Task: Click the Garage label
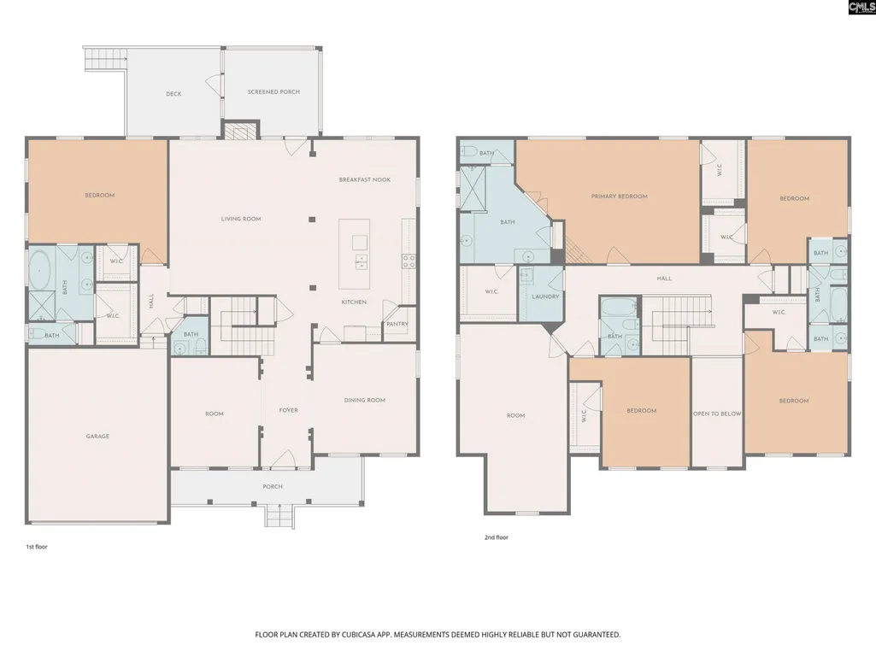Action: click(x=97, y=437)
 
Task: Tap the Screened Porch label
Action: click(x=273, y=91)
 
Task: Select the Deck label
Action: click(x=173, y=94)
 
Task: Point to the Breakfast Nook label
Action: click(x=365, y=180)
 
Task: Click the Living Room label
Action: click(x=241, y=219)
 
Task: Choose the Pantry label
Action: click(x=397, y=324)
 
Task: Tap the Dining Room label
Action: click(x=364, y=400)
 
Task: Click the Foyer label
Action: click(x=288, y=411)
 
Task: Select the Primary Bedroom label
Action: click(x=619, y=197)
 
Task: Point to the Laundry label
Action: click(x=545, y=296)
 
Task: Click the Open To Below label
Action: click(x=717, y=414)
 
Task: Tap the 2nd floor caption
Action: click(x=496, y=537)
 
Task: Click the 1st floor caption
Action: click(x=37, y=547)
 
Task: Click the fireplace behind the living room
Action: click(x=241, y=130)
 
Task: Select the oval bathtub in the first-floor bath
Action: click(x=39, y=270)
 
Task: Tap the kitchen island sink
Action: click(x=361, y=261)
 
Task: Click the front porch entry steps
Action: click(x=279, y=516)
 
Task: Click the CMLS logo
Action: click(x=861, y=8)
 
